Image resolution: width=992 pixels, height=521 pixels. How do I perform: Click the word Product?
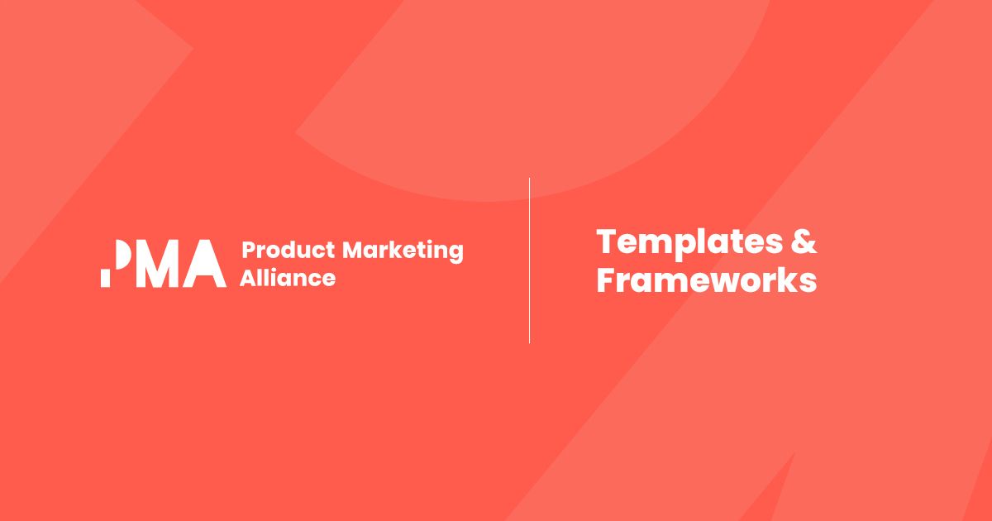pyautogui.click(x=289, y=250)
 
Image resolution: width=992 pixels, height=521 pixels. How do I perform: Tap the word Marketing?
pyautogui.click(x=403, y=251)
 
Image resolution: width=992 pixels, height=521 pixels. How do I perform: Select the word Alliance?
pyautogui.click(x=288, y=278)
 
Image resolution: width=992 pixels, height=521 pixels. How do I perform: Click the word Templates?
pyautogui.click(x=689, y=243)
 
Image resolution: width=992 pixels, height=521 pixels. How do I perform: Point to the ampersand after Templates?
pyautogui.click(x=804, y=241)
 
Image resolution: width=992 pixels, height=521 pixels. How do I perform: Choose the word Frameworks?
pyautogui.click(x=707, y=280)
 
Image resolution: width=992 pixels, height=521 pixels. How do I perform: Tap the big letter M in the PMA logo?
pyautogui.click(x=158, y=264)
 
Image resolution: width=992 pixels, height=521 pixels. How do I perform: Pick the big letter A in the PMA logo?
pyautogui.click(x=205, y=264)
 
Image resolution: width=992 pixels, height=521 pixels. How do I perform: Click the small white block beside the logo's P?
pyautogui.click(x=106, y=278)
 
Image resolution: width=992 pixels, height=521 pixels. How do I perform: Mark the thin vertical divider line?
pyautogui.click(x=530, y=260)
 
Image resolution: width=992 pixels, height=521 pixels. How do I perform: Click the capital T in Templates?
pyautogui.click(x=609, y=241)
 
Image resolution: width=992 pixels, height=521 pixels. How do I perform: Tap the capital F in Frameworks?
pyautogui.click(x=607, y=280)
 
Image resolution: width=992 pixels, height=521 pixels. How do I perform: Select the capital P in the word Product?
pyautogui.click(x=250, y=250)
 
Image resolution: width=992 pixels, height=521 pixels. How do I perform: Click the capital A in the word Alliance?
pyautogui.click(x=248, y=278)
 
